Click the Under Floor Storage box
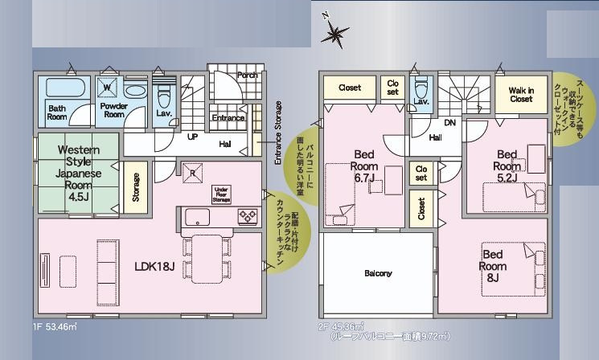[221, 193]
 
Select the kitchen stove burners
[247, 216]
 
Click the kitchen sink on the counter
[198, 216]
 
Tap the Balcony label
[378, 273]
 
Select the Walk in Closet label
[520, 94]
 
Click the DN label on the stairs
[450, 123]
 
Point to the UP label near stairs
[193, 137]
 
